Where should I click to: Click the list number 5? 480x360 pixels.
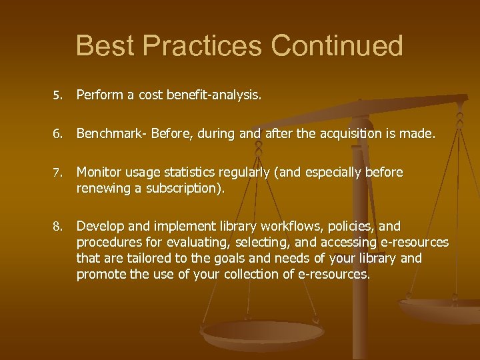point(57,96)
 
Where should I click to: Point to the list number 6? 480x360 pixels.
point(57,135)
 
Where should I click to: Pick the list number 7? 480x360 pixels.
point(57,173)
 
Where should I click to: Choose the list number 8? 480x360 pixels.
point(57,227)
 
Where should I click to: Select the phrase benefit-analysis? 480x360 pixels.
point(217,95)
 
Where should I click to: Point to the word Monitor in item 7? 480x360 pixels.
point(98,173)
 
